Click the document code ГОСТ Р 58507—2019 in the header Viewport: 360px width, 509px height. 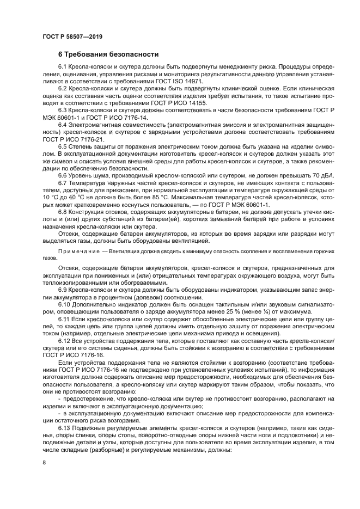(72, 37)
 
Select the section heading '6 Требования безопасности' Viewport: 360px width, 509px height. (108, 54)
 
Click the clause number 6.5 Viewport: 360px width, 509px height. (64, 146)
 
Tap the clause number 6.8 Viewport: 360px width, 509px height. (64, 211)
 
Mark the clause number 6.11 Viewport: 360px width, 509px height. (65, 320)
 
